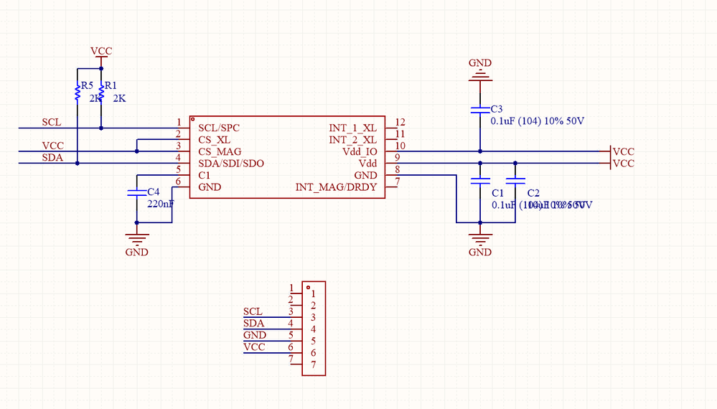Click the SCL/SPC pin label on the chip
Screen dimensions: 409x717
tap(219, 128)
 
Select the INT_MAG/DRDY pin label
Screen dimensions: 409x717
tap(336, 188)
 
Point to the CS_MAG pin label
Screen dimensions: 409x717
tap(220, 152)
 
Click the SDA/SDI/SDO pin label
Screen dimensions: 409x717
tap(231, 164)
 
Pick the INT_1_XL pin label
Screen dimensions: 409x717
tap(352, 128)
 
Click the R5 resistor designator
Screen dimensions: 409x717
tap(88, 85)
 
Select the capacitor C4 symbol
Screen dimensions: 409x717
tap(136, 193)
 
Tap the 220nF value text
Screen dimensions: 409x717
tap(160, 204)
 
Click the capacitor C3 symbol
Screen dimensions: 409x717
tap(480, 110)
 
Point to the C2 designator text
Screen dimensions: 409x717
tap(533, 194)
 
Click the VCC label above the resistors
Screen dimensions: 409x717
tap(101, 52)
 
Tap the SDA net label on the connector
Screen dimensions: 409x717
tap(254, 324)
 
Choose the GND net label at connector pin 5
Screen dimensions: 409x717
tap(255, 335)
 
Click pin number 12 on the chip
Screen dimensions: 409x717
tap(400, 123)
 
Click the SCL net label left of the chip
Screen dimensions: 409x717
tap(52, 122)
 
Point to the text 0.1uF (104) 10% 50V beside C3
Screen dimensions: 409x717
tap(537, 121)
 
